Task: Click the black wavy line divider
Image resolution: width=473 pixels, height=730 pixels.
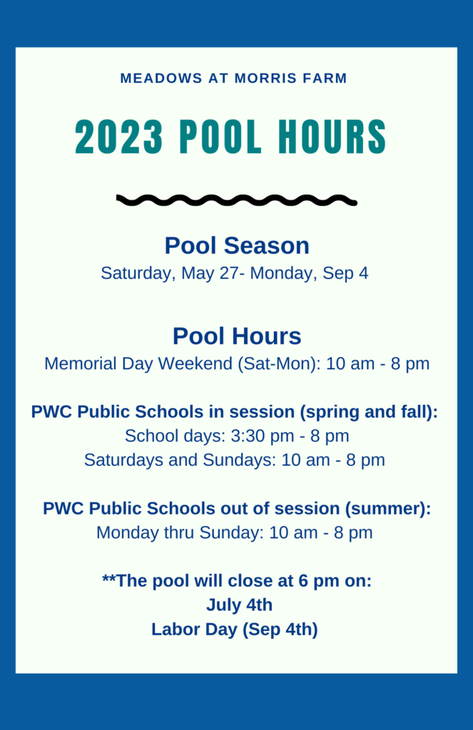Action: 237,200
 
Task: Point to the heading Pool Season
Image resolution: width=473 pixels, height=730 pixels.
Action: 237,245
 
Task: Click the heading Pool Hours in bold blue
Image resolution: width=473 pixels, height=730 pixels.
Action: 237,336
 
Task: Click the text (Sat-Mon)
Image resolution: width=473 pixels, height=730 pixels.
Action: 279,364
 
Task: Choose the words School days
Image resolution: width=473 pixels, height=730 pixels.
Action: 176,436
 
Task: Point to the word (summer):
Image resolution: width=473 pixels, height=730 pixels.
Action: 387,508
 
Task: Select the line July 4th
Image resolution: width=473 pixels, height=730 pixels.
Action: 239,605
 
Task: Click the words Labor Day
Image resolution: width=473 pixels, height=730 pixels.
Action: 194,629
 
